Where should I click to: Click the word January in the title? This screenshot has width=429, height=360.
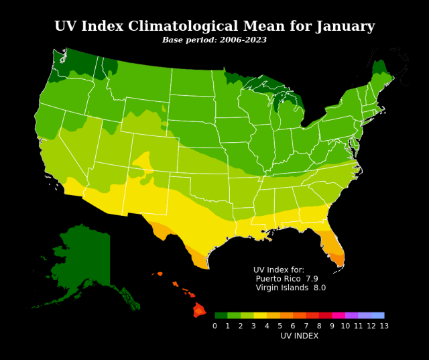click(343, 27)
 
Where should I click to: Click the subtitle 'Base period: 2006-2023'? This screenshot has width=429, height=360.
click(214, 40)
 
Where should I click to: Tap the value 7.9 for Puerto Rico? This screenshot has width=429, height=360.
click(312, 278)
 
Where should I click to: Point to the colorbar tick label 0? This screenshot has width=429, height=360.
click(214, 326)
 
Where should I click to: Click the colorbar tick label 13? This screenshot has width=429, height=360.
click(383, 326)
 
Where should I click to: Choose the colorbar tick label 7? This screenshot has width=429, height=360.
click(306, 326)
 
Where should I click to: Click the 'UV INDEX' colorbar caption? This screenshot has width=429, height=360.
click(299, 336)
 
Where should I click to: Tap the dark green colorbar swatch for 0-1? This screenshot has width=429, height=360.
click(221, 315)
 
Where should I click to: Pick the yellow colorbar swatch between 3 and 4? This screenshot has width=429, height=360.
click(260, 315)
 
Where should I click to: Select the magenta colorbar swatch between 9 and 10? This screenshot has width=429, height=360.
click(338, 315)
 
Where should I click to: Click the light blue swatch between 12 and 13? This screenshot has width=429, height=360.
click(377, 315)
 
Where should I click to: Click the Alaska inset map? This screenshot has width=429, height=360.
click(84, 261)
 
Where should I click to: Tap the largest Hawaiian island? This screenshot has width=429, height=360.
click(199, 310)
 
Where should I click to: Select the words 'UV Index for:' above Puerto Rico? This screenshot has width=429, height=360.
click(279, 269)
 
